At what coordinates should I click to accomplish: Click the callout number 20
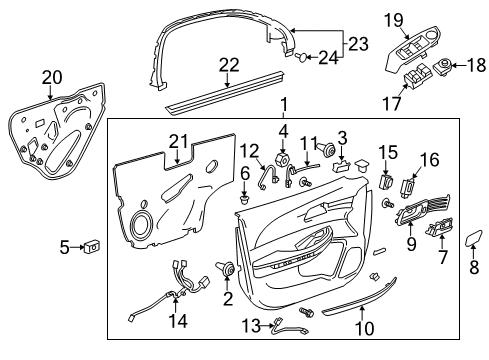(x=50, y=76)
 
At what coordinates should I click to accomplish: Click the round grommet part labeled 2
(x=231, y=269)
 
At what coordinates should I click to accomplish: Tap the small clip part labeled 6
(x=243, y=199)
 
